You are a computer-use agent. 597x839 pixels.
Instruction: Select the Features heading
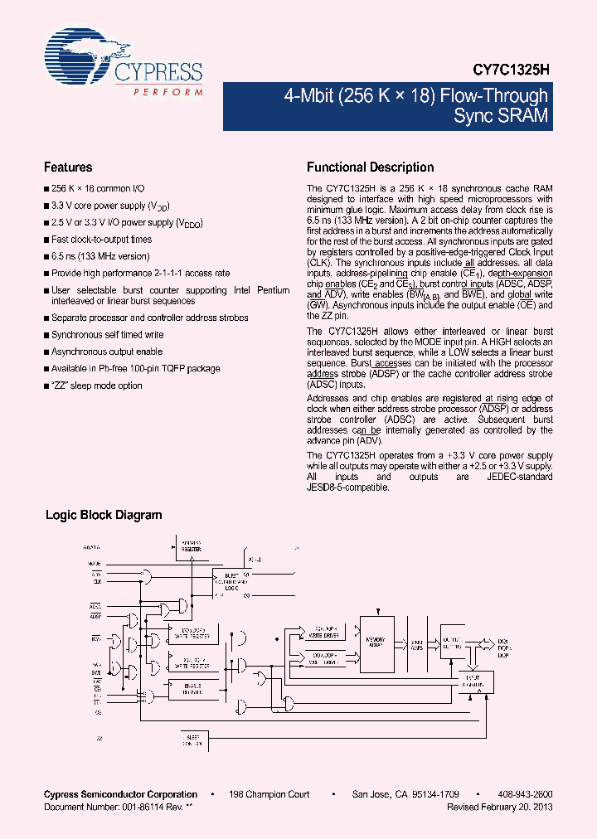(x=68, y=167)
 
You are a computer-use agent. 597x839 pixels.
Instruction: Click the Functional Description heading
(x=370, y=167)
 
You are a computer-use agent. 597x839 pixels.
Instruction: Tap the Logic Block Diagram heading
(x=103, y=515)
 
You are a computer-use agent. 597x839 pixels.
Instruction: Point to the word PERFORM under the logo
(x=168, y=90)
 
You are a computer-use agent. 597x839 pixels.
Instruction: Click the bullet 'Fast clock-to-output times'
(x=101, y=240)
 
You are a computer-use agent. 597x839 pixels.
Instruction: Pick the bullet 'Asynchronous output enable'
(x=107, y=352)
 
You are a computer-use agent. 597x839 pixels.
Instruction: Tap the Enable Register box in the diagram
(x=192, y=687)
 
